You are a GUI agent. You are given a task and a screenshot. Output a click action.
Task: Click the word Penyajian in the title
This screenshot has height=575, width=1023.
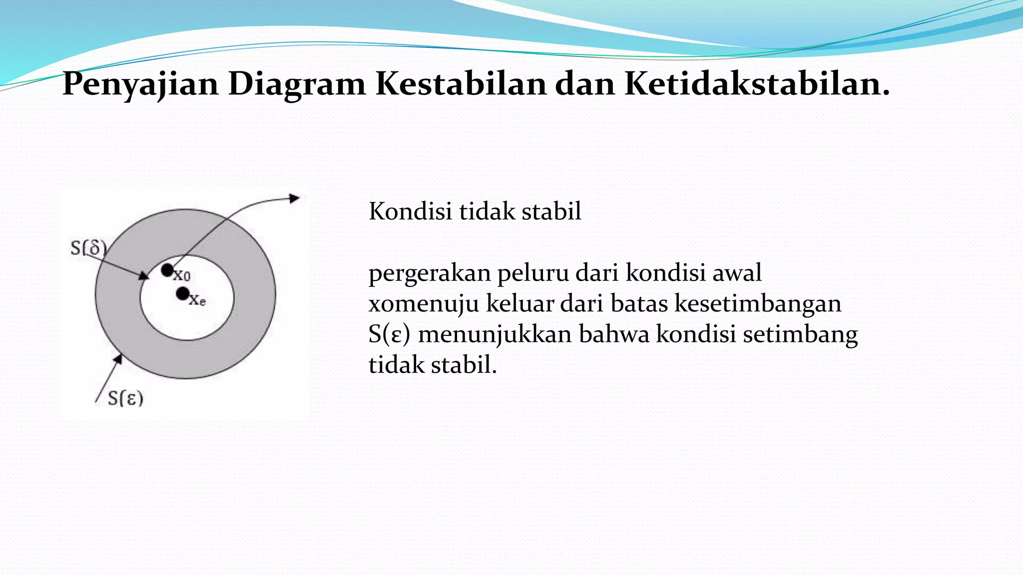[x=140, y=84]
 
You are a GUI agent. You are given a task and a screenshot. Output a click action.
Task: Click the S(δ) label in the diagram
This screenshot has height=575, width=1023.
[x=88, y=248]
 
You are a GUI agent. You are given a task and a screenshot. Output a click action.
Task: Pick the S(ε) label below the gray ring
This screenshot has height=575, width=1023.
[x=125, y=398]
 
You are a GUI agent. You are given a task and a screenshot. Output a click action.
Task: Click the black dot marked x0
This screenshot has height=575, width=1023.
[x=167, y=271]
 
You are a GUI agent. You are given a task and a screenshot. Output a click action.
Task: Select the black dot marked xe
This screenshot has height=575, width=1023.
[x=183, y=293]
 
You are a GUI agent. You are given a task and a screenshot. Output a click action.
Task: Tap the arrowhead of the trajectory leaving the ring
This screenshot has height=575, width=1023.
[x=295, y=199]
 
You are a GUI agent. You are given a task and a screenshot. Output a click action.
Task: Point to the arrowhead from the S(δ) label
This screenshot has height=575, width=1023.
[x=144, y=276]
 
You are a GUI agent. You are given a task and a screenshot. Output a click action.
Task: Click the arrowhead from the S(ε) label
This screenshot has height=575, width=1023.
[x=118, y=359]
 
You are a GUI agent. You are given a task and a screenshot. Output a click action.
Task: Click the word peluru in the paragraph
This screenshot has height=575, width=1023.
[x=526, y=274]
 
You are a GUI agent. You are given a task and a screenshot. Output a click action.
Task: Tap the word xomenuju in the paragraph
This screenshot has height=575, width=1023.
[x=424, y=304]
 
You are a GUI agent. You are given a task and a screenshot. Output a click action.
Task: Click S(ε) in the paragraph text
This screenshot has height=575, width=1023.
[x=389, y=335]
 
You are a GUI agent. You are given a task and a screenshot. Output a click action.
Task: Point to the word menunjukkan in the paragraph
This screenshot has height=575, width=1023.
[x=495, y=335]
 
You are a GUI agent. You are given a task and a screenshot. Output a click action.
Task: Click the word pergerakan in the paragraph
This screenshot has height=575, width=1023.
[x=430, y=274]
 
